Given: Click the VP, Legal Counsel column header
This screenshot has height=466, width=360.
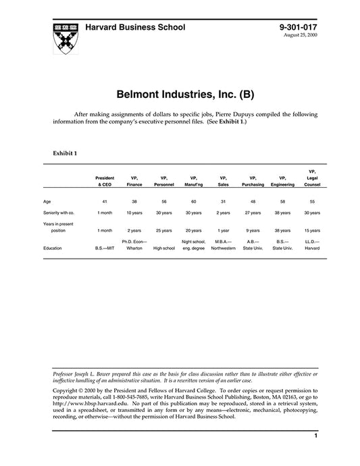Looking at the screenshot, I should [x=311, y=178].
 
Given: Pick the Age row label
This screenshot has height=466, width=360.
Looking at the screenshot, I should [x=47, y=201].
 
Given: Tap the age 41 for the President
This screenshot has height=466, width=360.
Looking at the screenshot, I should [x=105, y=201].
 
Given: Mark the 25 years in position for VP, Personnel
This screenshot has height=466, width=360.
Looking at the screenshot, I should [x=163, y=230].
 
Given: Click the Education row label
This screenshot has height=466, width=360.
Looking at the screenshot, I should [x=53, y=248].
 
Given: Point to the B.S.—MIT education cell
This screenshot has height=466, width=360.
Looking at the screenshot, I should [x=105, y=248].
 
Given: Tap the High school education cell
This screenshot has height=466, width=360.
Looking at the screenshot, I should [x=163, y=248].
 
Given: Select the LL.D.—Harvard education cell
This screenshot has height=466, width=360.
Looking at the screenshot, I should [x=311, y=244].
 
